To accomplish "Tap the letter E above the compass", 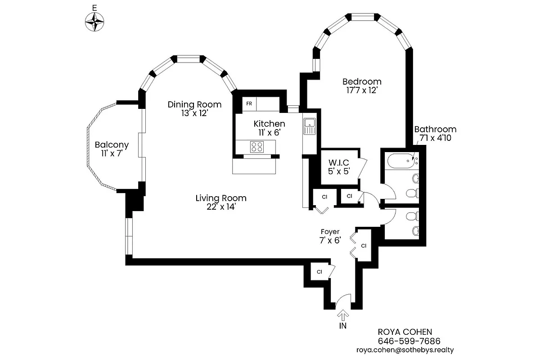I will [94, 8].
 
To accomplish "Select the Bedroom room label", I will [362, 81].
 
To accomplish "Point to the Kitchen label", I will [269, 124].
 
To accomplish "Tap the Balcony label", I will [112, 145].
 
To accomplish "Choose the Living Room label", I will [221, 198].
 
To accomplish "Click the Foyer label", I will [330, 232].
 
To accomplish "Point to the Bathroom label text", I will [435, 129].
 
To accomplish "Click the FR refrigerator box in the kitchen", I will [249, 103].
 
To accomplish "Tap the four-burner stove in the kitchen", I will [256, 146].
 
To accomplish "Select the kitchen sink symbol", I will [310, 126].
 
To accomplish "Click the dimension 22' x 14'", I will [221, 207].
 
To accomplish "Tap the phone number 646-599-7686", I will [409, 341].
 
